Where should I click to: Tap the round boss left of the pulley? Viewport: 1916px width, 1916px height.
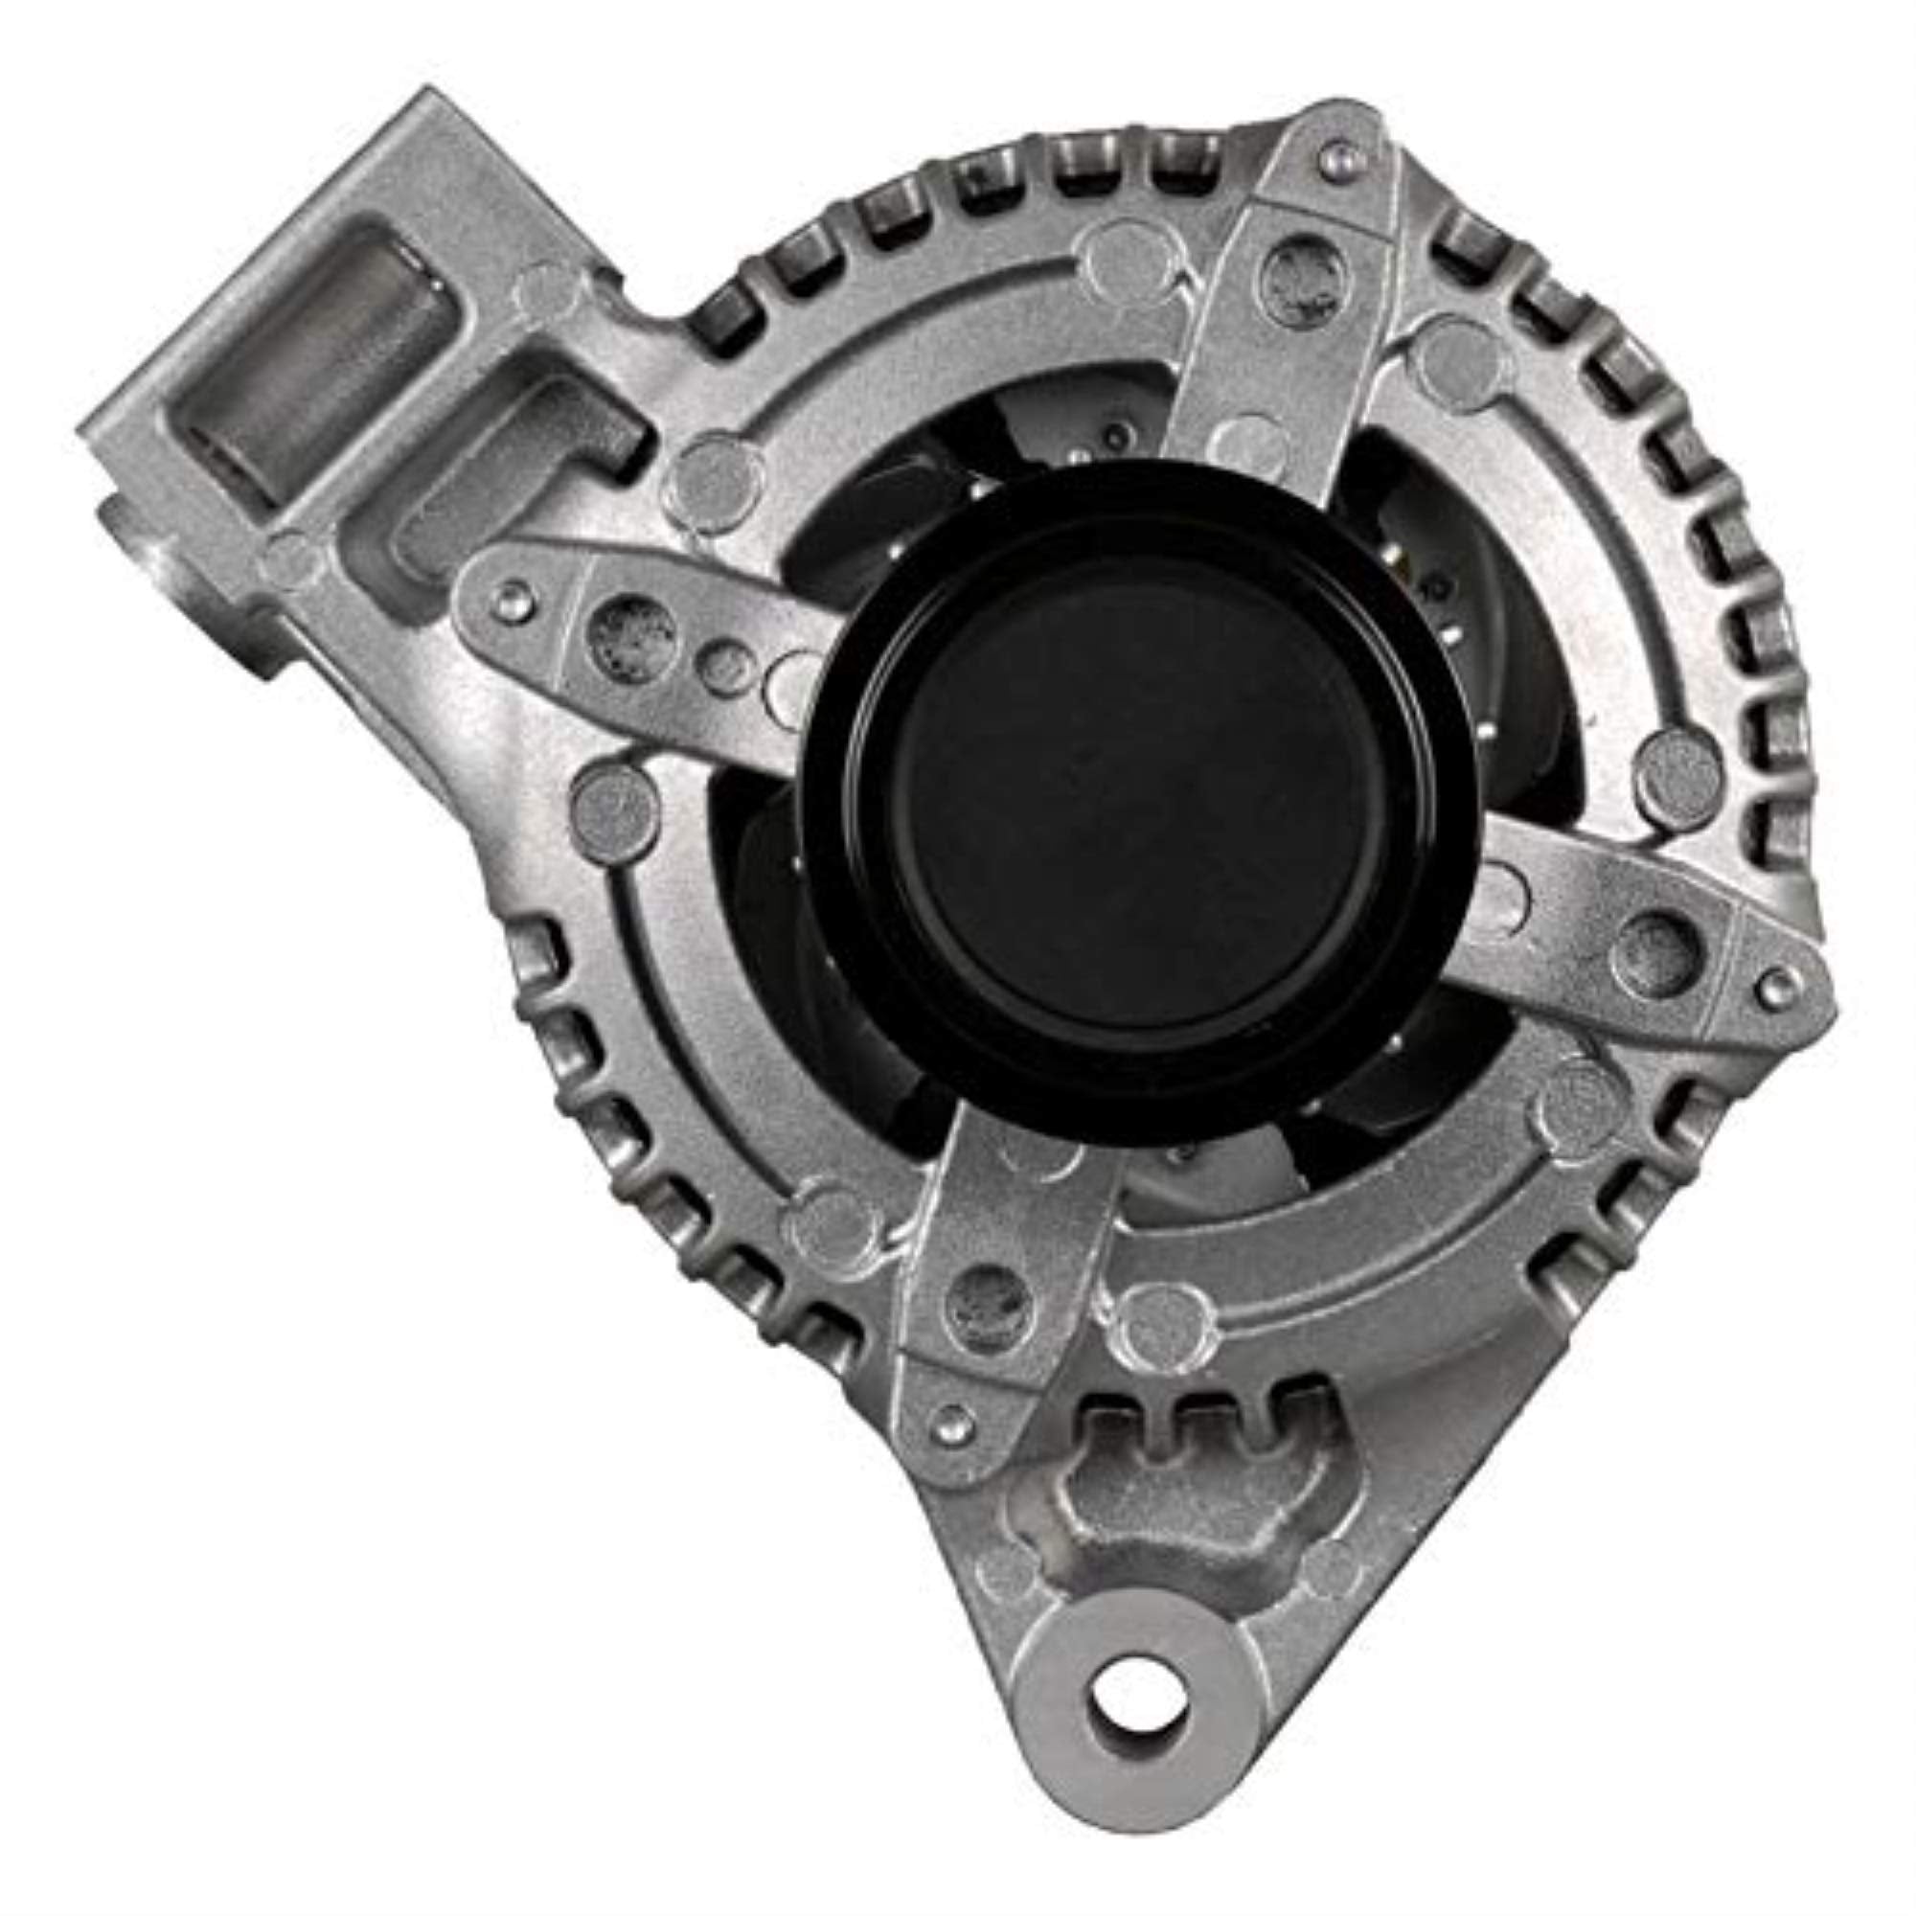click(x=616, y=805)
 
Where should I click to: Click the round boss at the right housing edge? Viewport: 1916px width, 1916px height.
click(x=1679, y=774)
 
